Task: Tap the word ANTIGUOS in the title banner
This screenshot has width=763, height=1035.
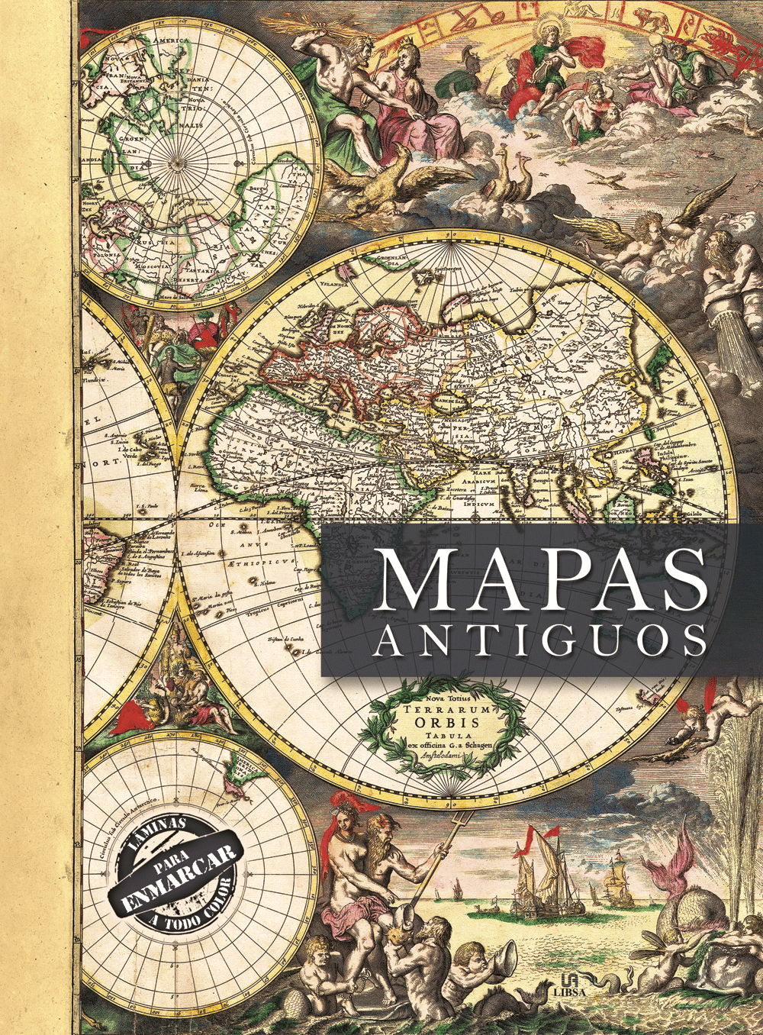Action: [541, 641]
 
